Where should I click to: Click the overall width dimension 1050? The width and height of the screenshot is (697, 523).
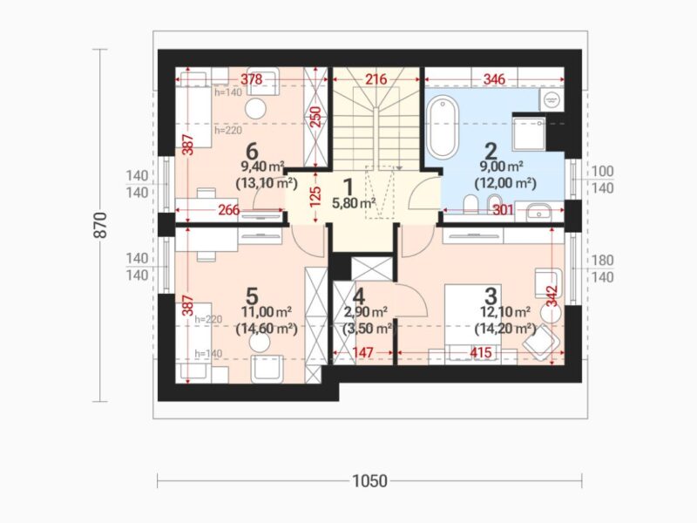click(369, 481)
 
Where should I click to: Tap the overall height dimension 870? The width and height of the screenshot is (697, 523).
click(101, 225)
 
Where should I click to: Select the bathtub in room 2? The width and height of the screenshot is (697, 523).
click(443, 127)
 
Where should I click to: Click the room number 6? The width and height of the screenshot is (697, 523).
click(252, 151)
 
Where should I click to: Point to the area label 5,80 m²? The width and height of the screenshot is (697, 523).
click(354, 203)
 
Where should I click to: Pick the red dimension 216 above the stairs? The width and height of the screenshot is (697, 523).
click(376, 79)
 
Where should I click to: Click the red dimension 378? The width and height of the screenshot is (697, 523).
click(252, 79)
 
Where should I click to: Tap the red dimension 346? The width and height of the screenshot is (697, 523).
click(494, 79)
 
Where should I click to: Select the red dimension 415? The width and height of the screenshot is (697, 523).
click(481, 353)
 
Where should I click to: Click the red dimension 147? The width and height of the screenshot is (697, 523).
click(362, 353)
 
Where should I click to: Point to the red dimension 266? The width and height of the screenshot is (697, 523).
click(229, 210)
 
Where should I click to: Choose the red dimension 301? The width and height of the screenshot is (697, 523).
click(504, 210)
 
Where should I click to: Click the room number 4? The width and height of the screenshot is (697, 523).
click(359, 296)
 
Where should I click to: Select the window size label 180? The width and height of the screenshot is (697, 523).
click(602, 260)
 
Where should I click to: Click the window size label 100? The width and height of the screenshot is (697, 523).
click(602, 171)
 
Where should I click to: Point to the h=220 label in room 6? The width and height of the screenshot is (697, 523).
click(228, 130)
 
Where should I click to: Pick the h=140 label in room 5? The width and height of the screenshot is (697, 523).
click(208, 354)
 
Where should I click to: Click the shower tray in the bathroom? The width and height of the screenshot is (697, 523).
click(529, 134)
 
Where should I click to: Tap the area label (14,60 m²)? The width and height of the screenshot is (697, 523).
click(267, 329)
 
